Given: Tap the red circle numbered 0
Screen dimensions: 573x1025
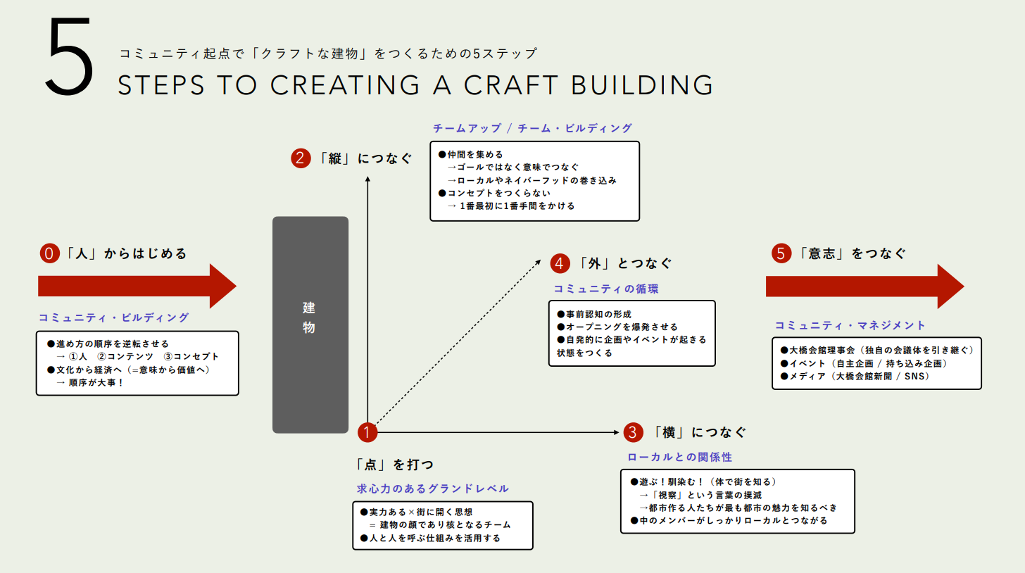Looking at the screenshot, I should pos(49,253).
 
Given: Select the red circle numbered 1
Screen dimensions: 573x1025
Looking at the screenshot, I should pos(368,432).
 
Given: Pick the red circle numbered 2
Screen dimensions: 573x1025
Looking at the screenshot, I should pos(301,158).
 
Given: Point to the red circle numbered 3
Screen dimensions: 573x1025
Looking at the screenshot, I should pos(633,432).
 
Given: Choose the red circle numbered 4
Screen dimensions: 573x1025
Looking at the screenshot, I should pos(560,263).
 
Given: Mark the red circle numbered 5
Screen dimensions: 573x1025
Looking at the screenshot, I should pos(781,253).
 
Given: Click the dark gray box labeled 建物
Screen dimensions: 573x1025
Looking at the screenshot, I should pos(310,325).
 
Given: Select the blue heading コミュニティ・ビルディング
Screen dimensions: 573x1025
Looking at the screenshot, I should pos(114,317).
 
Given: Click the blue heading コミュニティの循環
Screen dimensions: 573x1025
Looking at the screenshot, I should pos(606,289).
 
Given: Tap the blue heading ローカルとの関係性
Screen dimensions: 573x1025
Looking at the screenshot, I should pos(680,457).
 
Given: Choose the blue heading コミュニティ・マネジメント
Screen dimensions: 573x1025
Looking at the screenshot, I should pos(850,325).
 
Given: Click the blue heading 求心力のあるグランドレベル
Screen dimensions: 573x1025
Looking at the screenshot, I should pos(433,489).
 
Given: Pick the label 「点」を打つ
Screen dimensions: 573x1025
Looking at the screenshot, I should pos(395,465).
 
